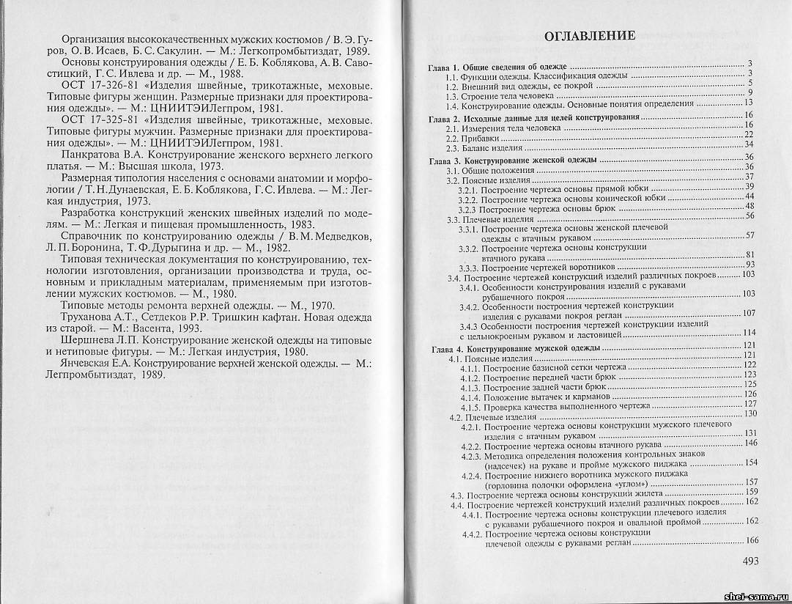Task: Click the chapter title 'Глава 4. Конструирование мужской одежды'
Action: pyautogui.click(x=514, y=346)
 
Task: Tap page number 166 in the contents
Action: pyautogui.click(x=751, y=541)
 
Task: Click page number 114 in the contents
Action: pyautogui.click(x=749, y=333)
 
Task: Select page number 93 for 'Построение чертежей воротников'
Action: pyautogui.click(x=750, y=265)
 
